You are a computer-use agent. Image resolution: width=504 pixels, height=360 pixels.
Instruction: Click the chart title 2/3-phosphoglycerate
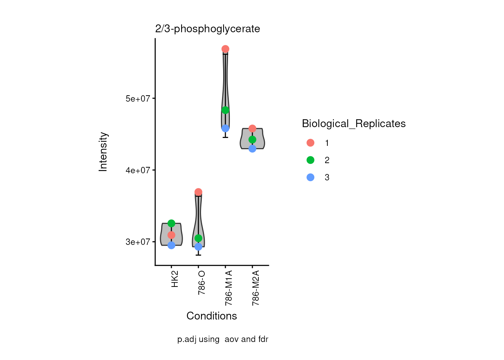(207, 29)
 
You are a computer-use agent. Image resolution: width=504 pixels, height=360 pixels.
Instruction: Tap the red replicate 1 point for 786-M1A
(225, 49)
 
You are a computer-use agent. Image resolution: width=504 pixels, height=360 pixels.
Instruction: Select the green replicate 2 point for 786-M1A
(225, 110)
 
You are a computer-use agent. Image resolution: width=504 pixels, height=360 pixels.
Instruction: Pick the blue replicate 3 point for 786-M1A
(225, 128)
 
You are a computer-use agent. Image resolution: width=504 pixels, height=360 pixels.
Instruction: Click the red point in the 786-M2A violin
(252, 129)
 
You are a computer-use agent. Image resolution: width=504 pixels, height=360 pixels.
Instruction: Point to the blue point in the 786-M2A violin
(252, 148)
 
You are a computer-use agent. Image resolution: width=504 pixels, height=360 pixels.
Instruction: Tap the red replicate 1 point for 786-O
(198, 192)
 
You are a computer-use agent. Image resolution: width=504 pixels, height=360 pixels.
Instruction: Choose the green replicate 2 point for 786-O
(198, 238)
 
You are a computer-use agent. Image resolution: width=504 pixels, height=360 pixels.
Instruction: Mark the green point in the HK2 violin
(171, 223)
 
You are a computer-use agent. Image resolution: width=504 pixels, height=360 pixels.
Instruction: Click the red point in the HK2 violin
(171, 235)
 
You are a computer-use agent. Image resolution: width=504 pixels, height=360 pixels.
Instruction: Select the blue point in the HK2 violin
(171, 245)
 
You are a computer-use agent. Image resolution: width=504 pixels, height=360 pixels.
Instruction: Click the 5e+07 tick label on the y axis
(138, 99)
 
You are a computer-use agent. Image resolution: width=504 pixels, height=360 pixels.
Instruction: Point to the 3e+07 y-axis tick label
(138, 242)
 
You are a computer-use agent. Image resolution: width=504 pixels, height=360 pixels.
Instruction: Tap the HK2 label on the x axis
(175, 279)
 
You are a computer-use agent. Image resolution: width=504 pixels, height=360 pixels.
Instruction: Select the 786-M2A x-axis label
(256, 288)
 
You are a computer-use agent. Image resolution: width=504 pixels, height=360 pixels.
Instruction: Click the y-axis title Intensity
(103, 152)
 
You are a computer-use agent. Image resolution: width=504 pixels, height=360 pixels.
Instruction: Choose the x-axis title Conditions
(211, 316)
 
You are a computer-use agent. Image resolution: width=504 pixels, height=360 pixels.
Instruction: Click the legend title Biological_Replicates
(354, 123)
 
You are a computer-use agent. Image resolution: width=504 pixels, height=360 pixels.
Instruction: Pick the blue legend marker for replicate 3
(310, 177)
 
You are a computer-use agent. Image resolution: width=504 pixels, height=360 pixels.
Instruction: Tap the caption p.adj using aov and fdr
(223, 339)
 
